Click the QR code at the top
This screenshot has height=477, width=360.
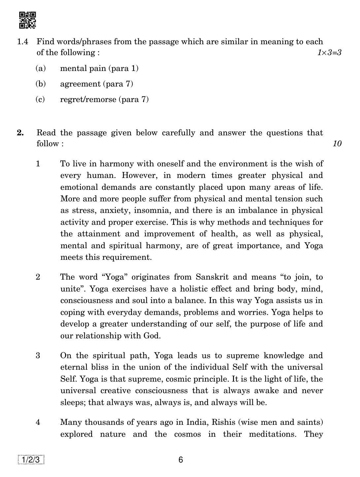[27, 20]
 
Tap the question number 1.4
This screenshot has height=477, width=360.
[22, 42]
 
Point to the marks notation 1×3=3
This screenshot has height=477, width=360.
[329, 52]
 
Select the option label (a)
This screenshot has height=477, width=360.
[40, 68]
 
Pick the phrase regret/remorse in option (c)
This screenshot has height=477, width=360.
[88, 99]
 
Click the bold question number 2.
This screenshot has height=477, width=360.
[20, 133]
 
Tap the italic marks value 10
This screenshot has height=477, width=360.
[337, 144]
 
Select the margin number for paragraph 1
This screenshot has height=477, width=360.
[38, 164]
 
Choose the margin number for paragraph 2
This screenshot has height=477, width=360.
[38, 277]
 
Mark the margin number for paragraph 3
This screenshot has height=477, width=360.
[38, 356]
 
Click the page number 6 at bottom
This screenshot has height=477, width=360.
[180, 460]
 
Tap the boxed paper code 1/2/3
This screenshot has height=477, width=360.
[31, 460]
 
